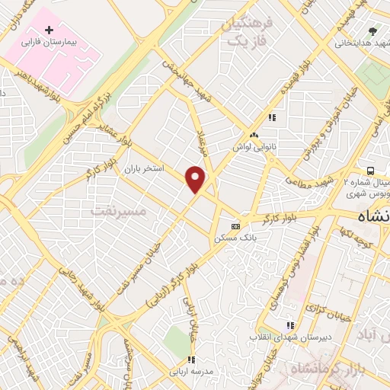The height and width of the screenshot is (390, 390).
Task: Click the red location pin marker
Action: (x=196, y=180)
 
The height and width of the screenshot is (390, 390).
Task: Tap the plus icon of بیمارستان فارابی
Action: (x=50, y=30)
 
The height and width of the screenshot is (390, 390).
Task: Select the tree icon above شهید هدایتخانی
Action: (x=372, y=31)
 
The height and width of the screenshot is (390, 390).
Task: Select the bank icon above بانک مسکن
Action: (x=235, y=226)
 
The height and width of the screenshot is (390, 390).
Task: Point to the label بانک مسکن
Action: (x=237, y=238)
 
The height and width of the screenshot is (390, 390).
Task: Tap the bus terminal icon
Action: (x=370, y=171)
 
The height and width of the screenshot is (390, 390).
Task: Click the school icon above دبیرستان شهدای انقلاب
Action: (x=290, y=324)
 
